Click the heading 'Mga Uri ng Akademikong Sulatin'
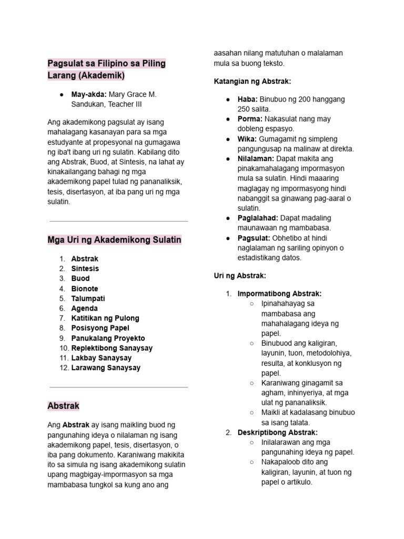click(114, 240)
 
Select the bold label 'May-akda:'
click(89, 94)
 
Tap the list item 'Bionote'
click(85, 288)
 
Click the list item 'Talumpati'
click(87, 298)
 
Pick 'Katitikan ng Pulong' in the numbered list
click(105, 318)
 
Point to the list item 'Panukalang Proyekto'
click(108, 338)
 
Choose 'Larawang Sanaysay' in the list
click(106, 367)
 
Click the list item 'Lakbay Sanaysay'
click(101, 358)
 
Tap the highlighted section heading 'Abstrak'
click(63, 406)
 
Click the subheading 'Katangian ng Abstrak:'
click(252, 81)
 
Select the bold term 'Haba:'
click(247, 99)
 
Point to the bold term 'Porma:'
click(250, 119)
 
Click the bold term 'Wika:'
click(247, 139)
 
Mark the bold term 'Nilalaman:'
click(256, 158)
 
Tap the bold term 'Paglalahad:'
click(258, 218)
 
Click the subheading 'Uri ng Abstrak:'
click(239, 275)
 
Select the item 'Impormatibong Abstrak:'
click(279, 293)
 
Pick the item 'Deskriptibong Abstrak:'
click(277, 432)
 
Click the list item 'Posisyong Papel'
click(100, 328)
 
